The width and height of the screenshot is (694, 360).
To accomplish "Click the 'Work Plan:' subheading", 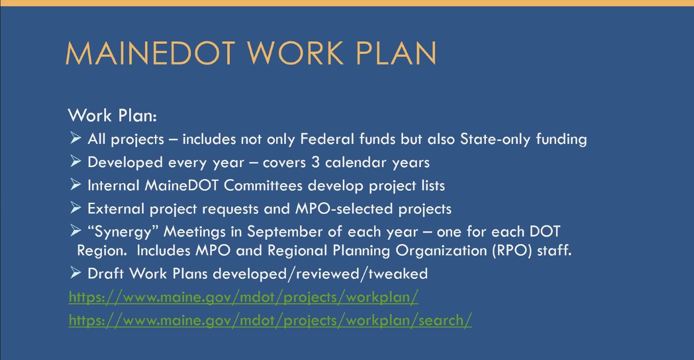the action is (x=112, y=115).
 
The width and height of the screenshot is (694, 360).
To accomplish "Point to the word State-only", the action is (x=495, y=139).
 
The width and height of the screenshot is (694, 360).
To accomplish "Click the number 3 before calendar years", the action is (x=315, y=162).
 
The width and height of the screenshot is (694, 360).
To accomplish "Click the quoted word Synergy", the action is (x=123, y=232).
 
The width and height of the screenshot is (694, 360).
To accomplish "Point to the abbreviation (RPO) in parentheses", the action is (x=512, y=251).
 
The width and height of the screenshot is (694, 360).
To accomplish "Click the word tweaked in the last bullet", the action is (x=398, y=274).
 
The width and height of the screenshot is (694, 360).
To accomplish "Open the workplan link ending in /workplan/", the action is (x=244, y=297).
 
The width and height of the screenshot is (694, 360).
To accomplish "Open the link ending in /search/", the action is (x=270, y=320).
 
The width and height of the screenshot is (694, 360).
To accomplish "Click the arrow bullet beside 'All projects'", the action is (x=76, y=138).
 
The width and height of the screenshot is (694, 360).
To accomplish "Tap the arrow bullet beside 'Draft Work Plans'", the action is (x=76, y=272).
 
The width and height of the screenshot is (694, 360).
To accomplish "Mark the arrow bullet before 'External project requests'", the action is (x=76, y=207).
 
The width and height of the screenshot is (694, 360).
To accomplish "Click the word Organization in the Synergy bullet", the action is (x=441, y=251).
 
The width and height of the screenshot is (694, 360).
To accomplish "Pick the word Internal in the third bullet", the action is (x=114, y=185).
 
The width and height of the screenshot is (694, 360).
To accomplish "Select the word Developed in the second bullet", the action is (x=125, y=162).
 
